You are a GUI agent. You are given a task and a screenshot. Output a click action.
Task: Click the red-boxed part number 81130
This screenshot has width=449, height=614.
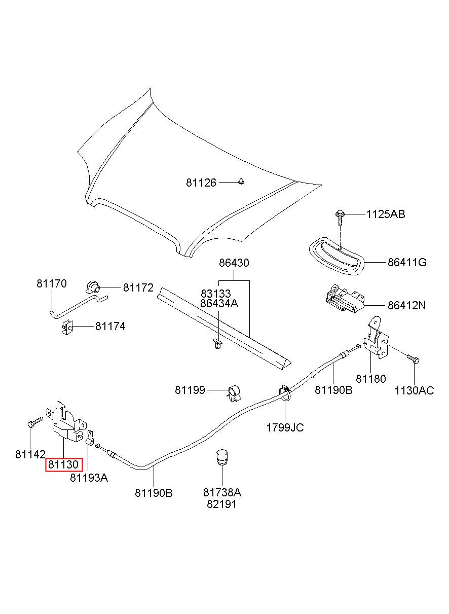pyautogui.click(x=63, y=464)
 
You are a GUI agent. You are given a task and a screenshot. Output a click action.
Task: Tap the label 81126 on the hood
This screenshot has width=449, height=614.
pyautogui.click(x=201, y=183)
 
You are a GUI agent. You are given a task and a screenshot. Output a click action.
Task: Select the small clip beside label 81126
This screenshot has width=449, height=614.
pyautogui.click(x=241, y=181)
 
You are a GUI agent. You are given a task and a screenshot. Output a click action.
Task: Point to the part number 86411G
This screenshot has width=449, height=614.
pyautogui.click(x=407, y=262)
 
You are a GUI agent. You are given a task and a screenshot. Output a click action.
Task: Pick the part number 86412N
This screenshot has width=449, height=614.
pyautogui.click(x=406, y=305)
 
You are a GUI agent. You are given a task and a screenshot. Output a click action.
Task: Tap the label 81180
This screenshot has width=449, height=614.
pyautogui.click(x=370, y=379)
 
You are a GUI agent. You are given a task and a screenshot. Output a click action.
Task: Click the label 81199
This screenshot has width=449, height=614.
pyautogui.click(x=190, y=390)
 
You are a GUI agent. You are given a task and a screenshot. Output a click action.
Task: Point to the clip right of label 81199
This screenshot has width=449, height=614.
pyautogui.click(x=234, y=393)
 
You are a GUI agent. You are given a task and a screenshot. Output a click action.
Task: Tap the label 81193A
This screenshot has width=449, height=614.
pyautogui.click(x=89, y=478)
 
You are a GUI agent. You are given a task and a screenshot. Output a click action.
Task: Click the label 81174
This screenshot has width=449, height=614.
pyautogui.click(x=110, y=326)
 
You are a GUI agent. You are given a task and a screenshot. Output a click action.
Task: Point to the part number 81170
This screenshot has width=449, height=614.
pyautogui.click(x=52, y=283)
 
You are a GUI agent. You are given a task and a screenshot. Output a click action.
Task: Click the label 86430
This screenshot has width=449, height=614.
pyautogui.click(x=234, y=263)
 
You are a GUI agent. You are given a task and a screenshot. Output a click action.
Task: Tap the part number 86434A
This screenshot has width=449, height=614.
pyautogui.click(x=219, y=303)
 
